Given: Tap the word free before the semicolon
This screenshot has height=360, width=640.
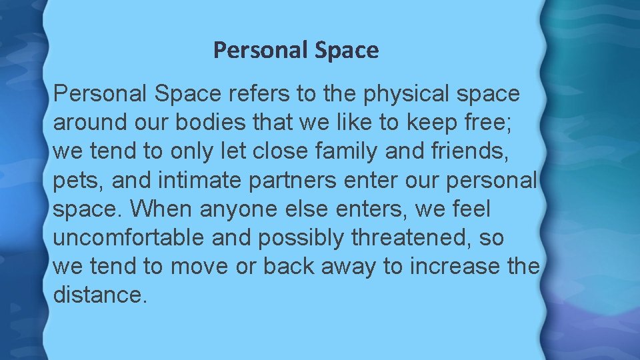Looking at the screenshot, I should click(x=490, y=123).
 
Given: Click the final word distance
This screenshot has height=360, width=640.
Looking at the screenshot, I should click(x=99, y=295).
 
